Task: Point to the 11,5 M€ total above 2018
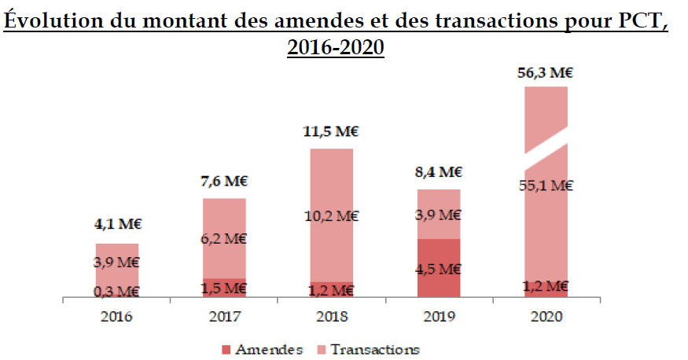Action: tap(331, 133)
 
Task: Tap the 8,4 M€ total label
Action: tap(438, 173)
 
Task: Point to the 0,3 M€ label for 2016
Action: tap(117, 292)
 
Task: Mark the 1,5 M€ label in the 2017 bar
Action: tap(225, 288)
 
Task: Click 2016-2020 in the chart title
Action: tap(335, 46)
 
